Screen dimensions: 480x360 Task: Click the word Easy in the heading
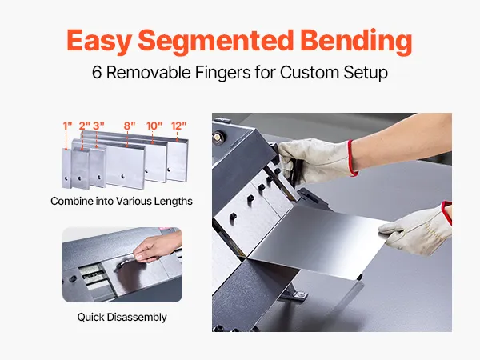[x=99, y=42]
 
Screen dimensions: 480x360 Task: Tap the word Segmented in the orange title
[x=216, y=42]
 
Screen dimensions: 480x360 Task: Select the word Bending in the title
[x=356, y=42]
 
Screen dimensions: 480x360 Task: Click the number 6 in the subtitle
[x=97, y=73]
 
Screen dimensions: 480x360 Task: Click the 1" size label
[x=67, y=126]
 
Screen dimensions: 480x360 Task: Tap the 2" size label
[x=85, y=126]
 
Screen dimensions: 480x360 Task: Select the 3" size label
[x=98, y=126]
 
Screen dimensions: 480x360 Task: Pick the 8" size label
[x=130, y=126]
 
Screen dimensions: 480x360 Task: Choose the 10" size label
[x=154, y=126]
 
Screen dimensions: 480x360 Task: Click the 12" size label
[x=178, y=126]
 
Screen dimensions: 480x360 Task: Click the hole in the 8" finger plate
[x=122, y=176]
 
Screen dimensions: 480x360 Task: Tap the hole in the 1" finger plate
[x=66, y=178]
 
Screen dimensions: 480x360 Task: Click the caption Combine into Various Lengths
[x=122, y=201]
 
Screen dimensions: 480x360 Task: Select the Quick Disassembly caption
[x=122, y=317]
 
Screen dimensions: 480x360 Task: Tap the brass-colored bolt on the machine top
[x=218, y=136]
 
